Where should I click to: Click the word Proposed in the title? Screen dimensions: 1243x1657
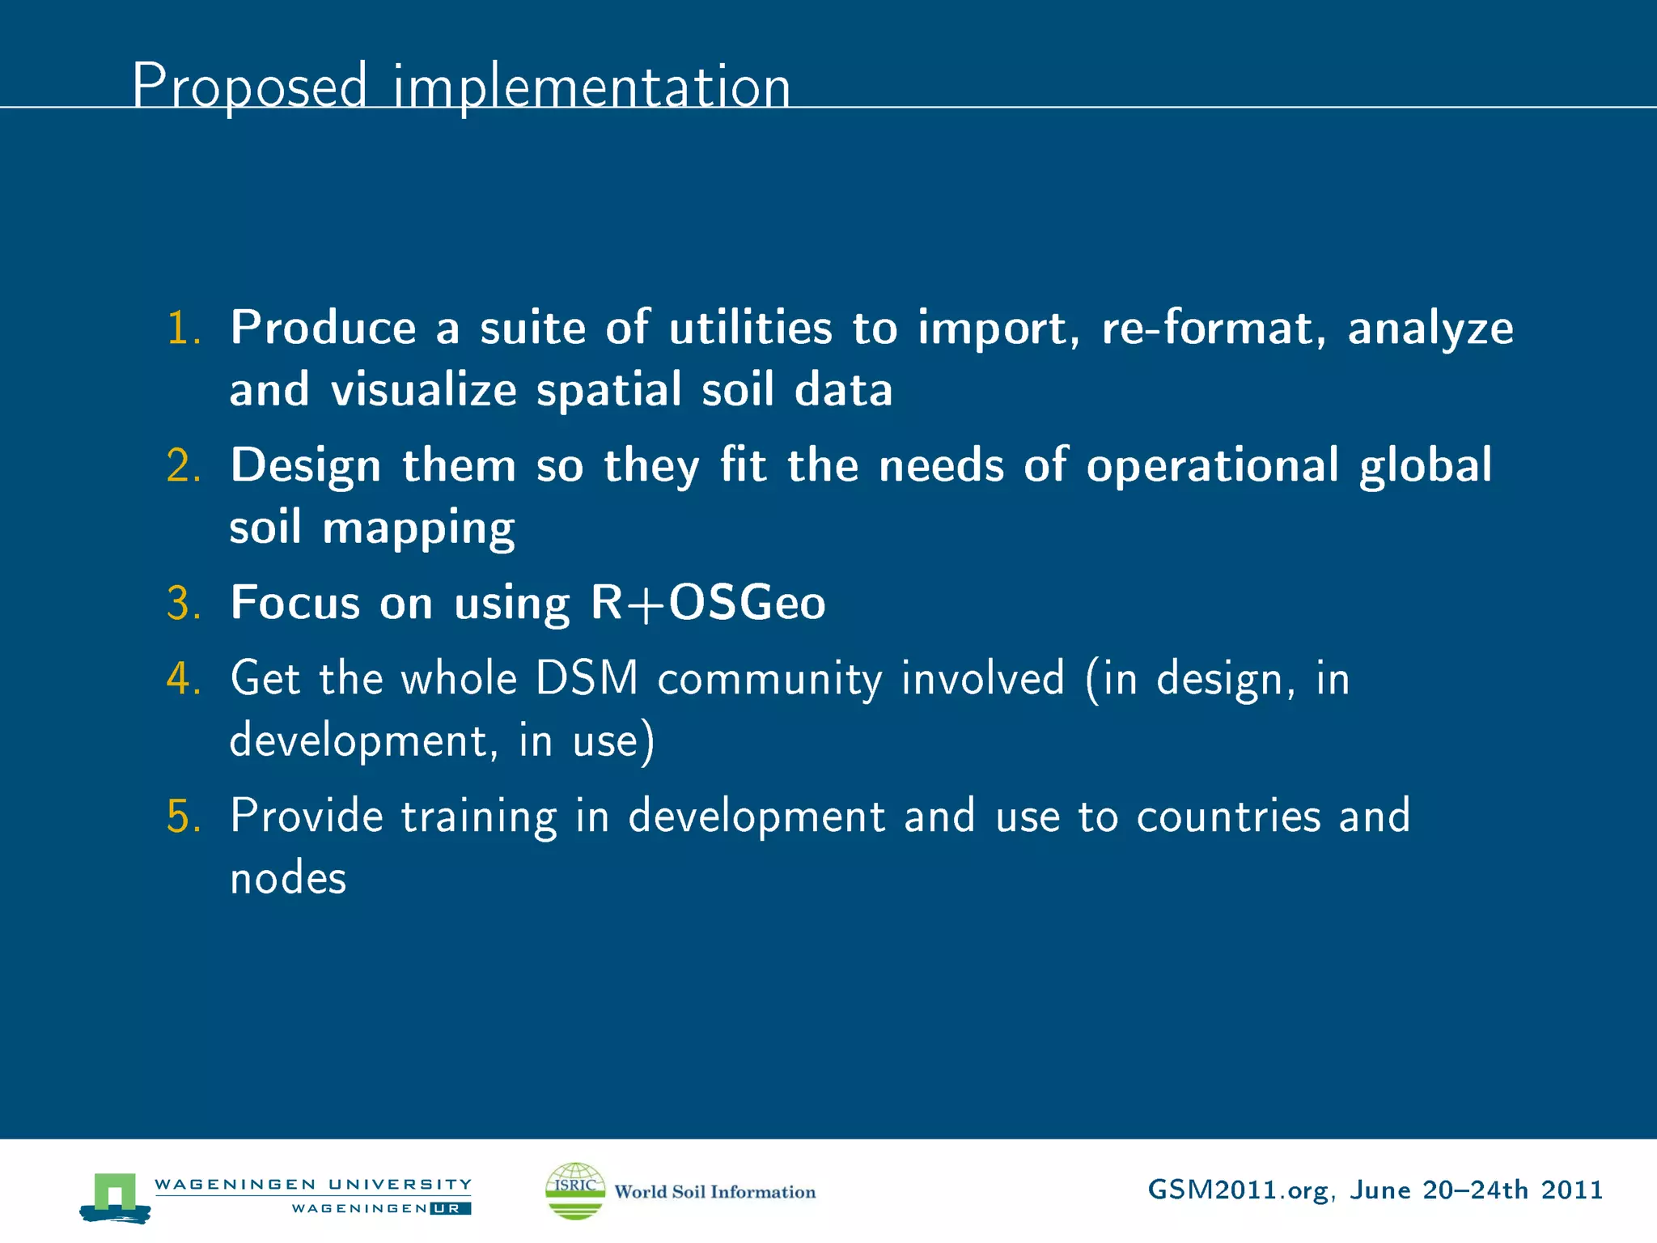pyautogui.click(x=249, y=86)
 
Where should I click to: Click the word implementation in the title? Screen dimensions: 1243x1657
pyautogui.click(x=591, y=86)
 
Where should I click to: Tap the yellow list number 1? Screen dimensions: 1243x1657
pyautogui.click(x=183, y=329)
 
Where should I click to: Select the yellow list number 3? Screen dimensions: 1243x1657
pyautogui.click(x=183, y=604)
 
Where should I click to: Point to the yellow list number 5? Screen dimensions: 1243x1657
pyautogui.click(x=183, y=817)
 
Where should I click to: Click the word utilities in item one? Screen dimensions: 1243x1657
pyautogui.click(x=750, y=328)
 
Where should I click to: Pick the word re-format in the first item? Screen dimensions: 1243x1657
pyautogui.click(x=1213, y=328)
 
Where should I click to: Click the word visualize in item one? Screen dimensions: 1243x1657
pyautogui.click(x=423, y=390)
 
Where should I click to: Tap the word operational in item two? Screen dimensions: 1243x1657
pyautogui.click(x=1212, y=466)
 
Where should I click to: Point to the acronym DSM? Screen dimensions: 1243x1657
pyautogui.click(x=587, y=678)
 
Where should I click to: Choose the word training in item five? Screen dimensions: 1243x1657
pyautogui.click(x=479, y=817)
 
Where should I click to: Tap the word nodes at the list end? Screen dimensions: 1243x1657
pyautogui.click(x=288, y=879)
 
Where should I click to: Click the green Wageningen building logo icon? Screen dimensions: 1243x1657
pyautogui.click(x=115, y=1196)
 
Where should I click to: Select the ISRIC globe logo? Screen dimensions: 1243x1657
pyautogui.click(x=575, y=1190)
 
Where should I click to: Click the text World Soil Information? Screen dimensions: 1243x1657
pyautogui.click(x=714, y=1192)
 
